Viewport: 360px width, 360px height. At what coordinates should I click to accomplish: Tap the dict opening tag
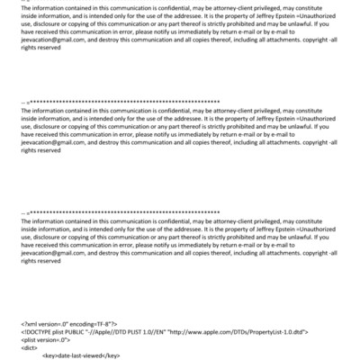(27, 347)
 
